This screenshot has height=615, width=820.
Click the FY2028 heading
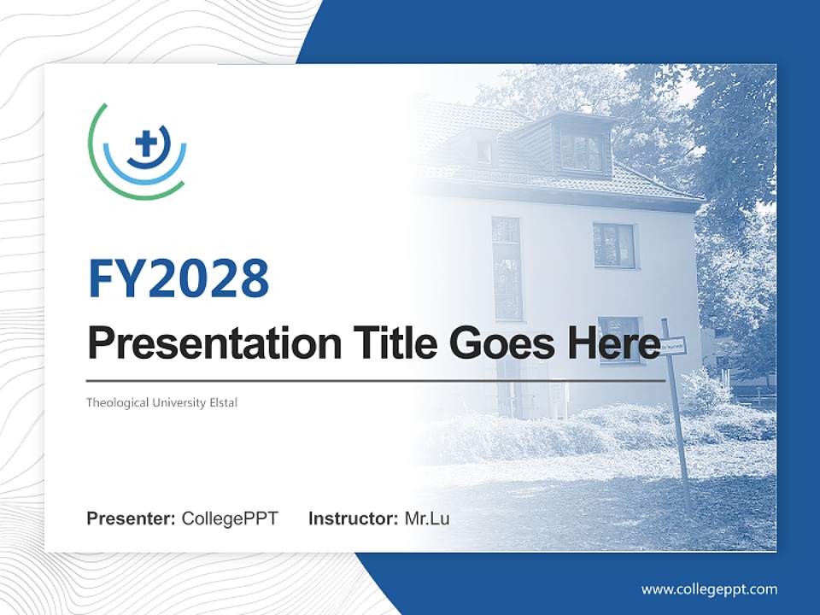pos(179,278)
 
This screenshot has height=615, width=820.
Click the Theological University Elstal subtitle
pos(161,402)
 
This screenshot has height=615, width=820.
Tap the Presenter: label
pos(131,518)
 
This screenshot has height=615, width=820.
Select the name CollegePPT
pos(230,518)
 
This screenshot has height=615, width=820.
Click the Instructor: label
pos(353,518)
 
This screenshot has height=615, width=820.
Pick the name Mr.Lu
pos(427,518)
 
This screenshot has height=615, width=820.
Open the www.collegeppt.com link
pos(709,589)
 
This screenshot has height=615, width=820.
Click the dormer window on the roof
pos(581,151)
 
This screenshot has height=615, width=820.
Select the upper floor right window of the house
pos(614,245)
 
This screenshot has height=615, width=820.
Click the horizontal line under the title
pos(376,380)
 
